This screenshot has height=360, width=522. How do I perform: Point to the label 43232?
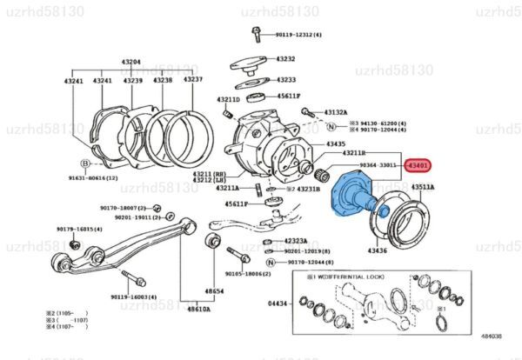tap(285, 59)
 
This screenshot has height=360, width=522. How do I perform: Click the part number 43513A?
tap(423, 187)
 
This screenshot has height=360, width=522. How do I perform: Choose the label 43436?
tap(377, 250)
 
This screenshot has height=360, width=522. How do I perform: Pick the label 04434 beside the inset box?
tap(278, 303)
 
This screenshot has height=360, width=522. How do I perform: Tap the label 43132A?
tap(336, 112)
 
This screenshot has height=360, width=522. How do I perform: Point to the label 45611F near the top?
tap(288, 97)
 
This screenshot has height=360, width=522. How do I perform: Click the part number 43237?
tap(192, 80)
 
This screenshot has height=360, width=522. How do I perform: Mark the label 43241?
tap(73, 80)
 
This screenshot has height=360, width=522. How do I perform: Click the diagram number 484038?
tap(492, 348)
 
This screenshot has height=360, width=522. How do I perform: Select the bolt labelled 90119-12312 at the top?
tap(257, 33)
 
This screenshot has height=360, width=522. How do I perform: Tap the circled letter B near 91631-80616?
tap(85, 163)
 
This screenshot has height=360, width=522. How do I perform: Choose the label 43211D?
tap(228, 100)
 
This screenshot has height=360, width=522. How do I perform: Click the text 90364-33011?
tap(378, 164)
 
